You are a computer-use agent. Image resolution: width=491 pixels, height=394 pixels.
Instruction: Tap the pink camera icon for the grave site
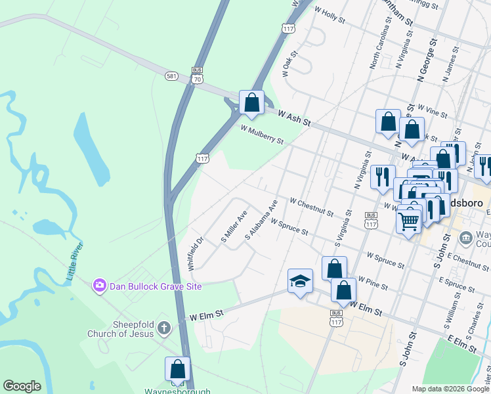tap(100, 285)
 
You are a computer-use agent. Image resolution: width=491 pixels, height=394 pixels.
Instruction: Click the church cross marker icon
tap(164, 326)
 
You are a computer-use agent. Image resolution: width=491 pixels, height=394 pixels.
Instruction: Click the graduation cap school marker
tap(300, 281)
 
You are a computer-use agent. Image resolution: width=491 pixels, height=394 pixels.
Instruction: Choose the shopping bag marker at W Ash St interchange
tap(251, 102)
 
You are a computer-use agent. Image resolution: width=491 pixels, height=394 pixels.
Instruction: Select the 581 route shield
tap(172, 76)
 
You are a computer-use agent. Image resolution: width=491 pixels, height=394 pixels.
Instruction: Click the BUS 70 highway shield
tap(198, 74)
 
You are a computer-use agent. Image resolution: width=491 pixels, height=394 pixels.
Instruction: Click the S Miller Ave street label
tap(234, 226)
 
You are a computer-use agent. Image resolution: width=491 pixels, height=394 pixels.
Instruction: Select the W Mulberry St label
tap(262, 135)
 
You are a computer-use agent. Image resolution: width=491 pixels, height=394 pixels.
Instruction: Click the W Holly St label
tap(330, 14)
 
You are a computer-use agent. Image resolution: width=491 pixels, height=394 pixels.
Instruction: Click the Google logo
tap(22, 386)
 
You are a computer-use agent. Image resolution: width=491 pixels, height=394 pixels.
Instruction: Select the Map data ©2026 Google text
tap(450, 389)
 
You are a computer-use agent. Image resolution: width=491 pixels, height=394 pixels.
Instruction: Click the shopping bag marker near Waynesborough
tap(177, 369)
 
